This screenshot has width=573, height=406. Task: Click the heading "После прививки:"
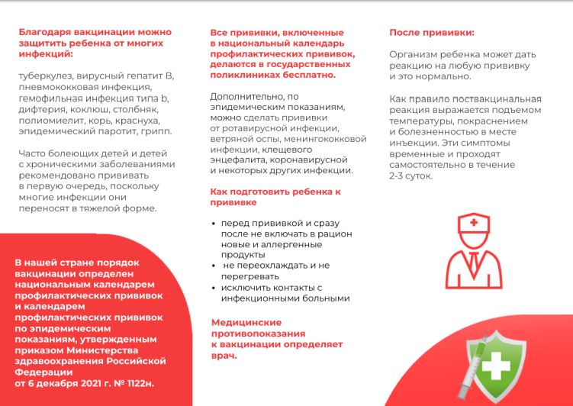pos(431,32)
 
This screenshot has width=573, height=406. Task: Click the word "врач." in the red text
pos(224,356)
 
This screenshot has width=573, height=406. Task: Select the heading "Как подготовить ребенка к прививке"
pos(275,197)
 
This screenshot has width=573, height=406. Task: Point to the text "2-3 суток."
pos(410,176)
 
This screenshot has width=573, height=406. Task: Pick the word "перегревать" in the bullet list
pos(249,276)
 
